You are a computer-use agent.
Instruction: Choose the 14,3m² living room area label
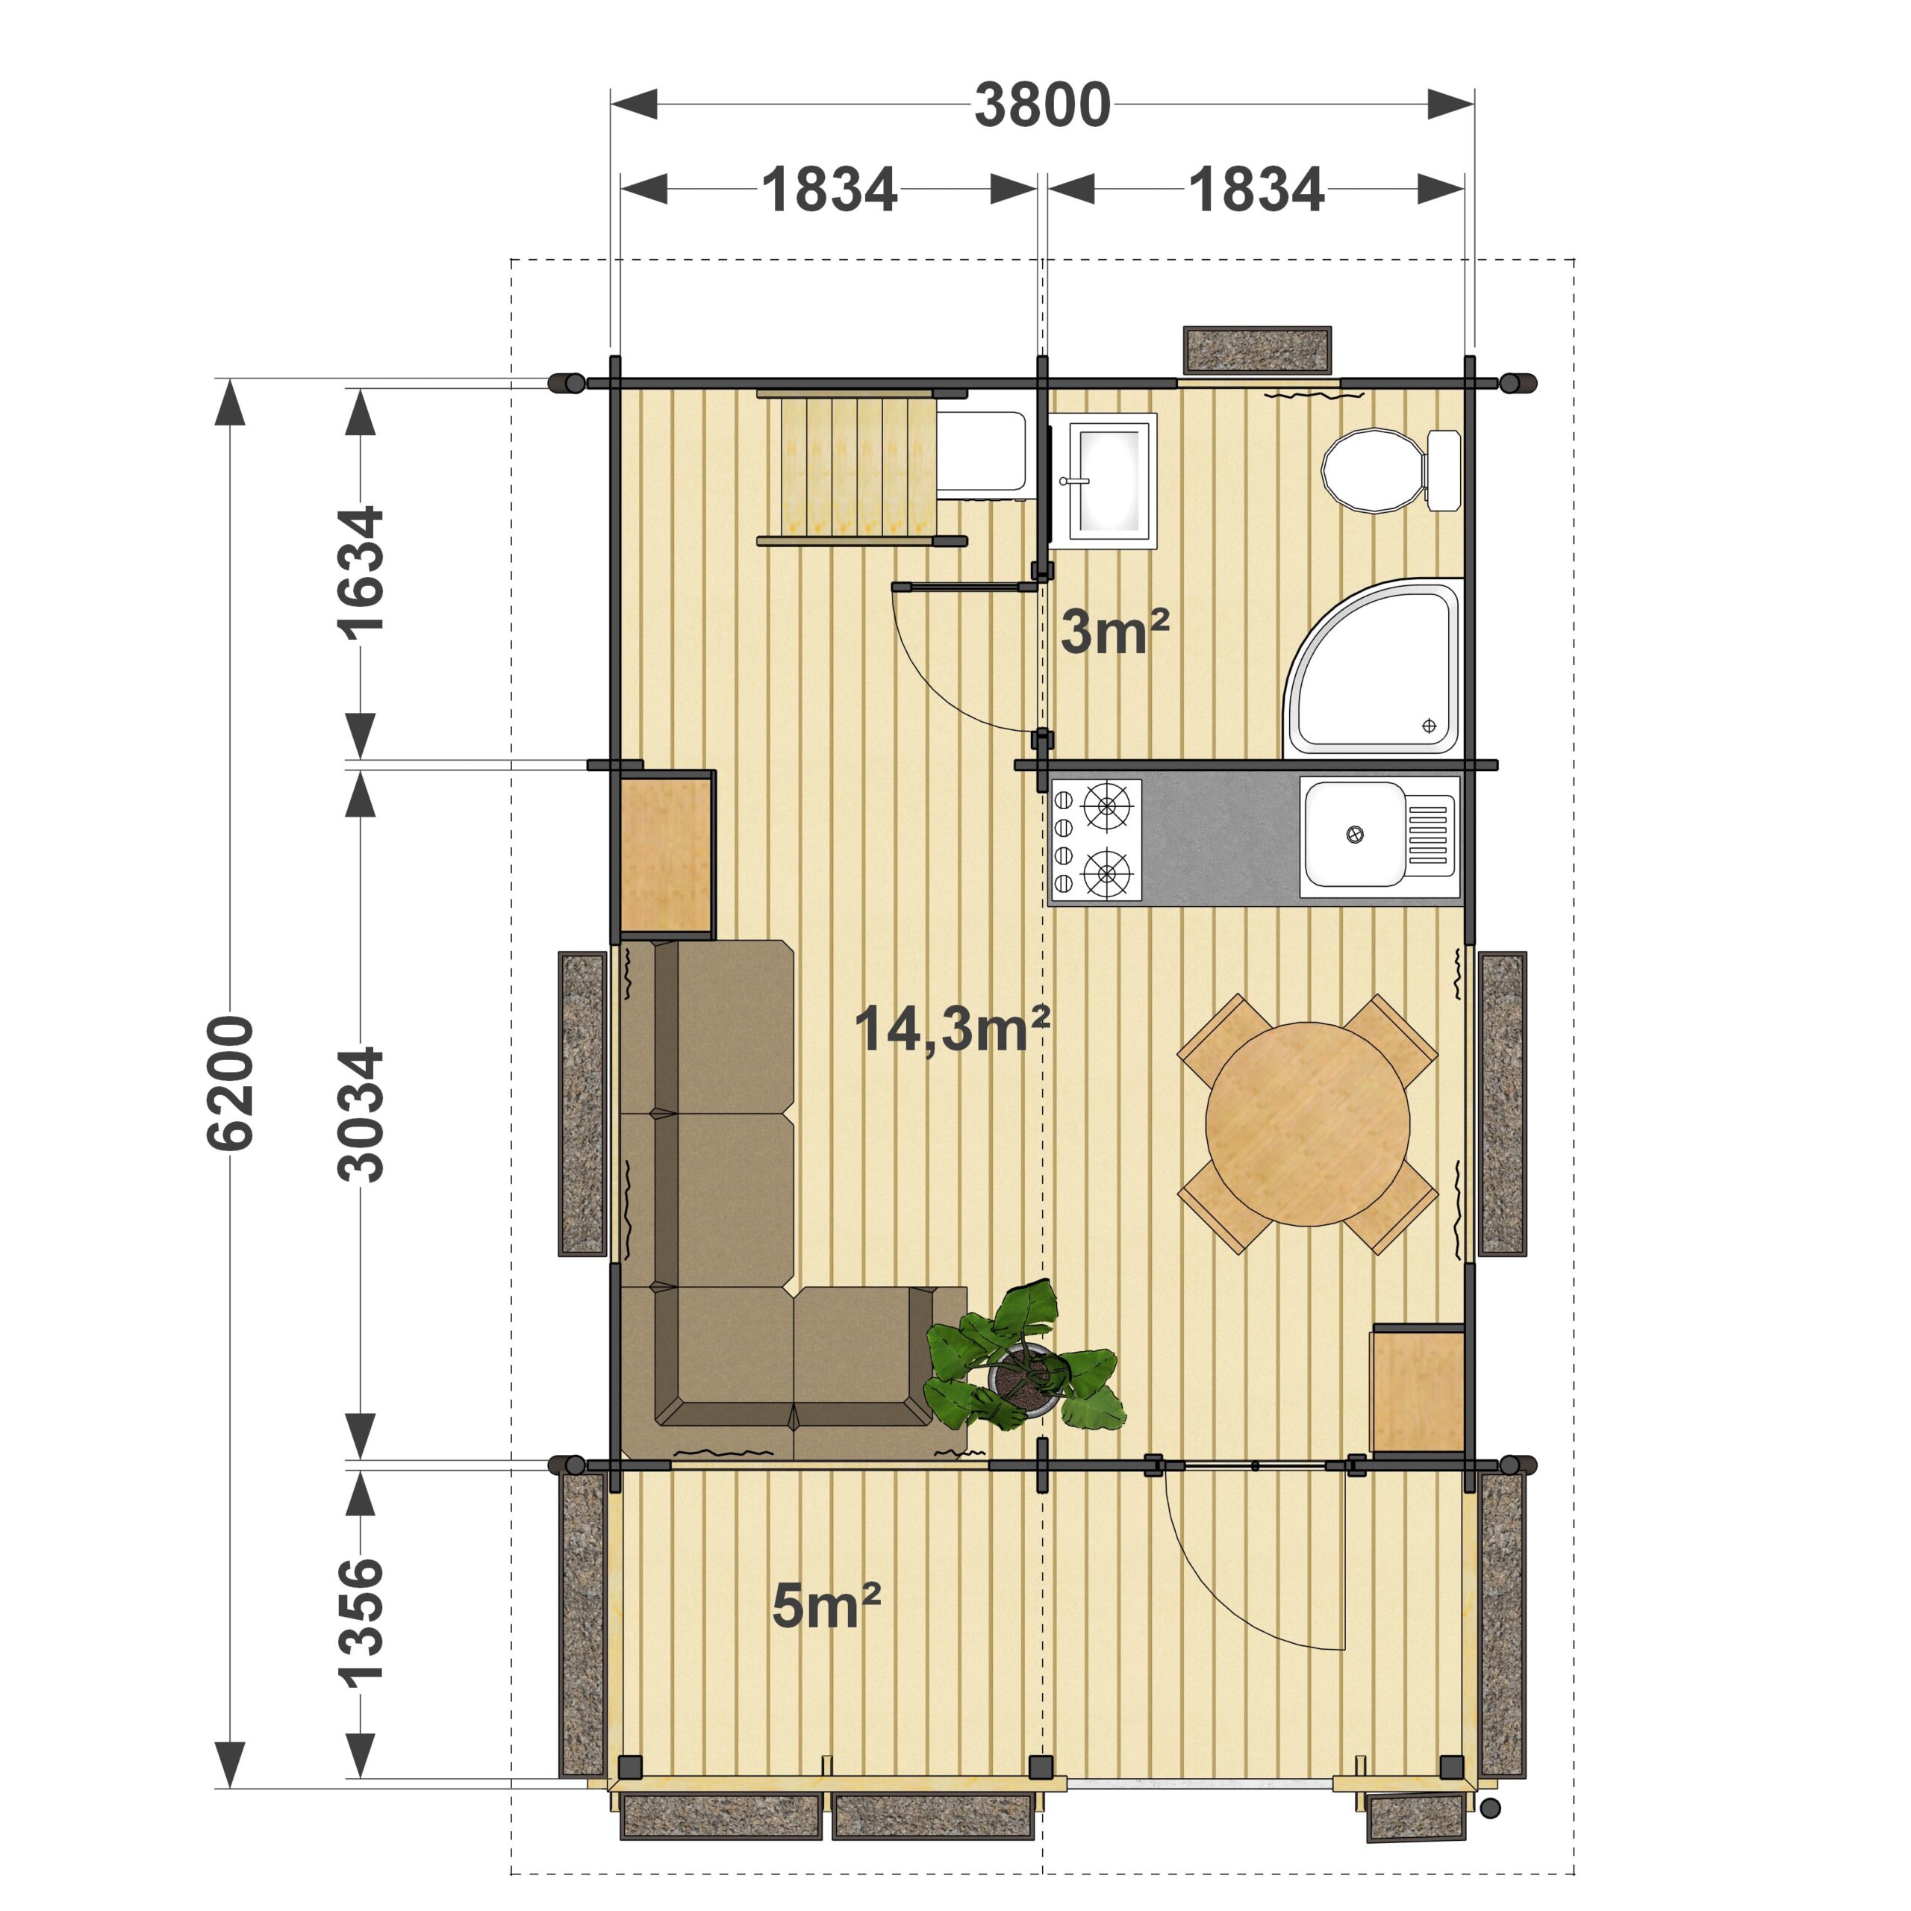(952, 1029)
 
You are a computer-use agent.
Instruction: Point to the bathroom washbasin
(1103, 481)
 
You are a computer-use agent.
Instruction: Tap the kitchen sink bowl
(1353, 834)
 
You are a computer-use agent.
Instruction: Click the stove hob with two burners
(1096, 840)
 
